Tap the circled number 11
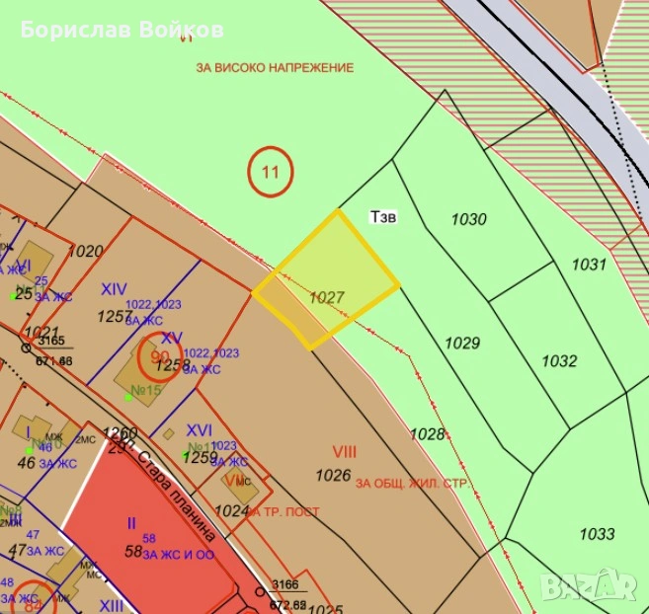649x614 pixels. (270, 173)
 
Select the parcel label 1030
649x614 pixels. (468, 219)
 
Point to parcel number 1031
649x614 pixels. (588, 265)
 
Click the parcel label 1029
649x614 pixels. (462, 344)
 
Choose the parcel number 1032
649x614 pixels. (559, 361)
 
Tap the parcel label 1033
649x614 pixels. (597, 534)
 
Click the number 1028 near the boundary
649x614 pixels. (428, 434)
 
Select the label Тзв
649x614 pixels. (383, 216)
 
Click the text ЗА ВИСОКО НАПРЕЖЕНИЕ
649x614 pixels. (275, 68)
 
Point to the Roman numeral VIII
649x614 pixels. (344, 452)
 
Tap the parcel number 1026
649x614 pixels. (333, 475)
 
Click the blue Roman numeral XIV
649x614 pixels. (114, 289)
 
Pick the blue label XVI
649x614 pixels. (200, 430)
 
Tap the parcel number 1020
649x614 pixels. (86, 252)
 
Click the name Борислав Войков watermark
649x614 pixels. (122, 30)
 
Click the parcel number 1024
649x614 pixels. (232, 510)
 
